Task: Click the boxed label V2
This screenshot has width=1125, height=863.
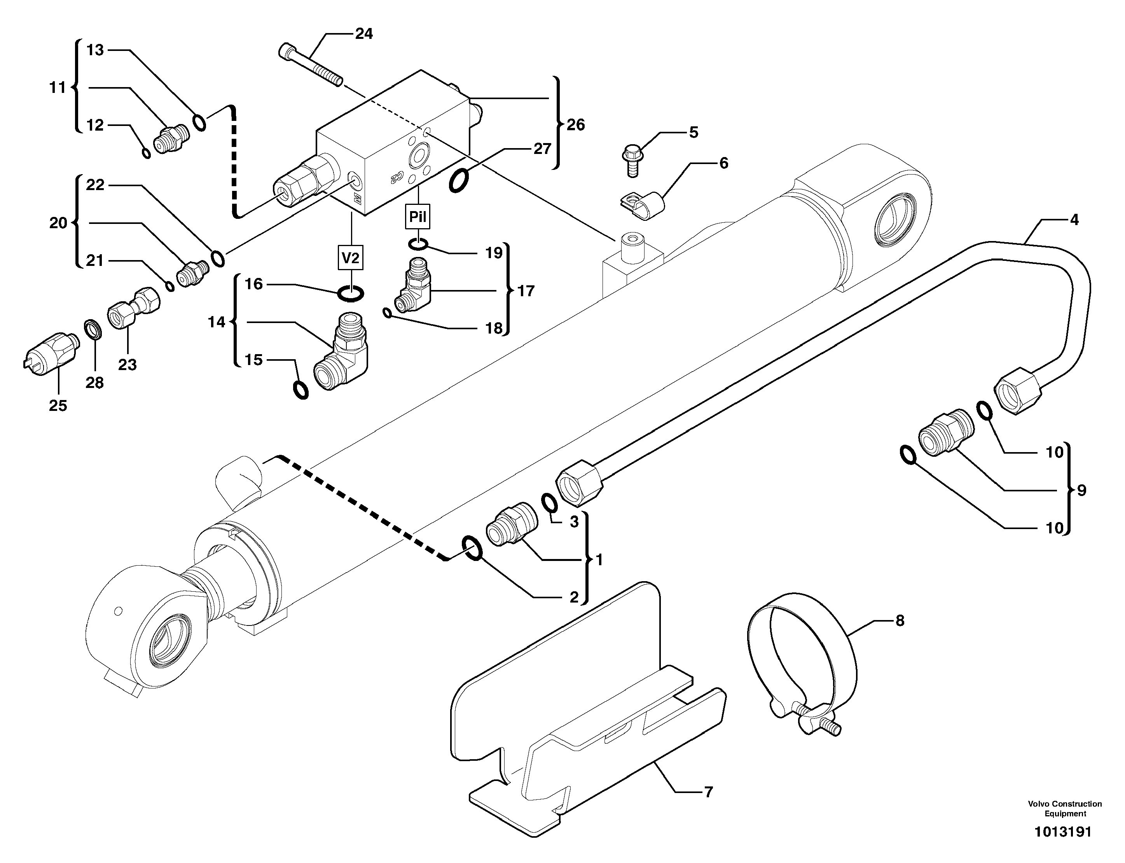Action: (350, 258)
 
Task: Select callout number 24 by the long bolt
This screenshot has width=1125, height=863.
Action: (364, 34)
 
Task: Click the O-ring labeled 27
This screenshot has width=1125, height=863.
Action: (458, 180)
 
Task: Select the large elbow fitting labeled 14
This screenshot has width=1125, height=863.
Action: (342, 360)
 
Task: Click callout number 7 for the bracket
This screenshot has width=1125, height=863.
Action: (708, 792)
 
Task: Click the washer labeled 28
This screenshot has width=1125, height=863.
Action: (93, 329)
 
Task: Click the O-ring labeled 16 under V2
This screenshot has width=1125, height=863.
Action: (351, 294)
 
